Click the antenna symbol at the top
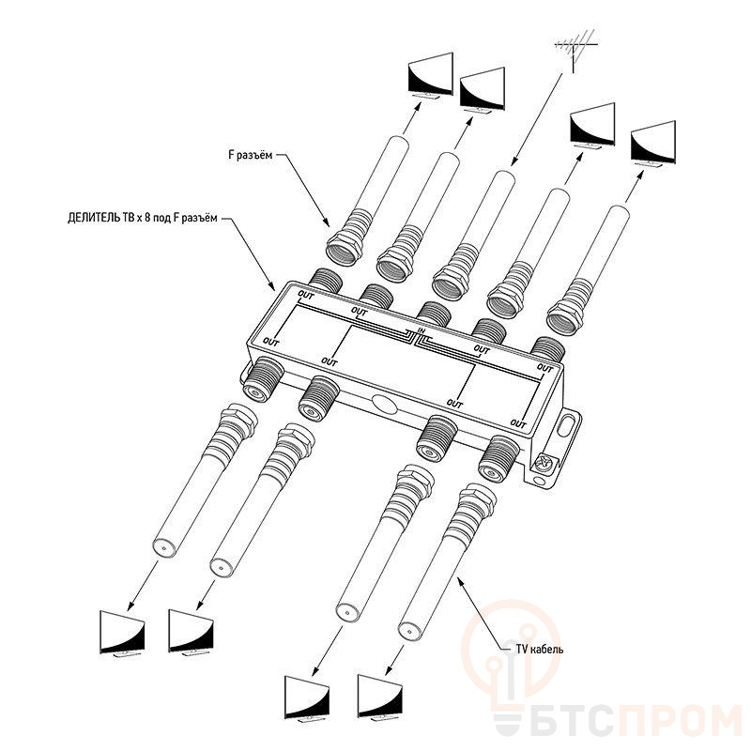click(576, 50)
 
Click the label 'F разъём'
click(250, 155)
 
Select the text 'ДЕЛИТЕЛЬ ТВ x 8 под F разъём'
click(143, 218)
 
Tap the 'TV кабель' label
click(539, 650)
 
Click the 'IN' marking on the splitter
click(421, 330)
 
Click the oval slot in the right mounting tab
click(568, 425)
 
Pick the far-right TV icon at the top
click(652, 144)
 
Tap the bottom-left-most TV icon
click(122, 635)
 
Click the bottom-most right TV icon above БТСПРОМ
click(380, 698)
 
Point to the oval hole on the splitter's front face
click(384, 404)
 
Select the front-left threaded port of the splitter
click(263, 379)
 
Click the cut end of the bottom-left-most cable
click(162, 546)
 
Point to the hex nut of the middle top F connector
click(450, 284)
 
